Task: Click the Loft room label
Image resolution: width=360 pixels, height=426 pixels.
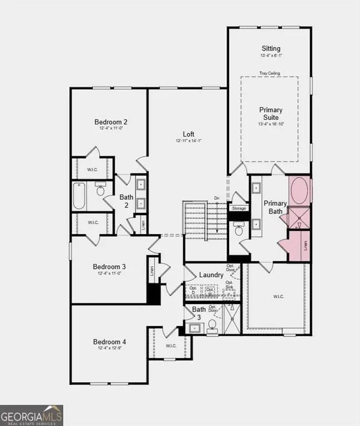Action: [x=189, y=134]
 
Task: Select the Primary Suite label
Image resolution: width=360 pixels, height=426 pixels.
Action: [x=271, y=114]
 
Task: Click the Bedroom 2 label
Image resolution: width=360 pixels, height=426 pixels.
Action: [x=111, y=122]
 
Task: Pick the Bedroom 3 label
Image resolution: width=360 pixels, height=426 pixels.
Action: [x=109, y=266]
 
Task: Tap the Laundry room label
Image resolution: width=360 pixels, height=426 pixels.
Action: [x=211, y=275]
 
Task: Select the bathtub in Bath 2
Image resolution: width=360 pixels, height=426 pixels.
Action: [x=79, y=196]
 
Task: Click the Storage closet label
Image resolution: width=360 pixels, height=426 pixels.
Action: [x=239, y=209]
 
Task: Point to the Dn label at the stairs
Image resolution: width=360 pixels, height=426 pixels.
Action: [x=217, y=198]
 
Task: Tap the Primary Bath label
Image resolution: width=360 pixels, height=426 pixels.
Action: [x=276, y=207]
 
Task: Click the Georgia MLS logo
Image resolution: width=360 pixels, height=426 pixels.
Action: [x=32, y=415]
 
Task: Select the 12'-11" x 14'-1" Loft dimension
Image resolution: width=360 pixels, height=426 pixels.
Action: [x=189, y=141]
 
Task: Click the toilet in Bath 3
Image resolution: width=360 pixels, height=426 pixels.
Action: [x=212, y=327]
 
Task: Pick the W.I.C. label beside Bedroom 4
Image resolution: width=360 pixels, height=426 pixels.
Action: [x=171, y=346]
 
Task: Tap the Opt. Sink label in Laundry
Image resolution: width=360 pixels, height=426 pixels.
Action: [x=229, y=285]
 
